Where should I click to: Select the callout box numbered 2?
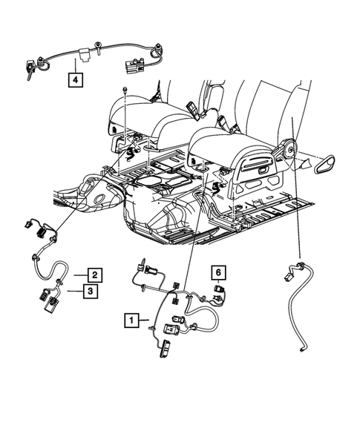[x=95, y=274]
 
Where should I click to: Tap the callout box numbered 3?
[x=88, y=292]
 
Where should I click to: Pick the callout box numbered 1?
[x=131, y=321]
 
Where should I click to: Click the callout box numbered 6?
[x=219, y=271]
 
